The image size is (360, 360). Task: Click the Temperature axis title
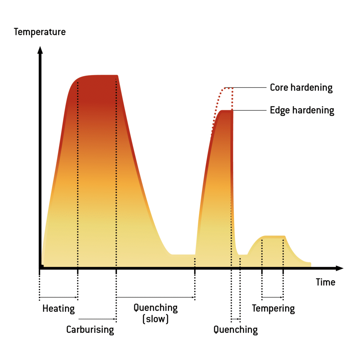pos(39,32)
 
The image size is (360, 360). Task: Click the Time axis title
pos(325,282)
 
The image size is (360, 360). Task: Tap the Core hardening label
pos(301,88)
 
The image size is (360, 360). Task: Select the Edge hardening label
pos(302,110)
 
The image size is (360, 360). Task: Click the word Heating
pos(58,309)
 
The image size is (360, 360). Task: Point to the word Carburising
pos(90,330)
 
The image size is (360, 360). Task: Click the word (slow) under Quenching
pos(155,319)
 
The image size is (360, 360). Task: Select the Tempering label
pos(273,309)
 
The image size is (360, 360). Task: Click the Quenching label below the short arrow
pos(236,330)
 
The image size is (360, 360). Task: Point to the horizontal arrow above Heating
pos(58,298)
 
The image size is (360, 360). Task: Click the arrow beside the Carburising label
pos(97,319)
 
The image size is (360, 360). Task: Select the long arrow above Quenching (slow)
pos(155,297)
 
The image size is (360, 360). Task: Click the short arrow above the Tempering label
pos(272,297)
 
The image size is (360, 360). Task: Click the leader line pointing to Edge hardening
pos(250,110)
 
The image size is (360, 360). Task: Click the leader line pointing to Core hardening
pos(250,88)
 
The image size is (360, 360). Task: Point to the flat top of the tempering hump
pos(273,236)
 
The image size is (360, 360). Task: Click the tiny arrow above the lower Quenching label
pos(236,319)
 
